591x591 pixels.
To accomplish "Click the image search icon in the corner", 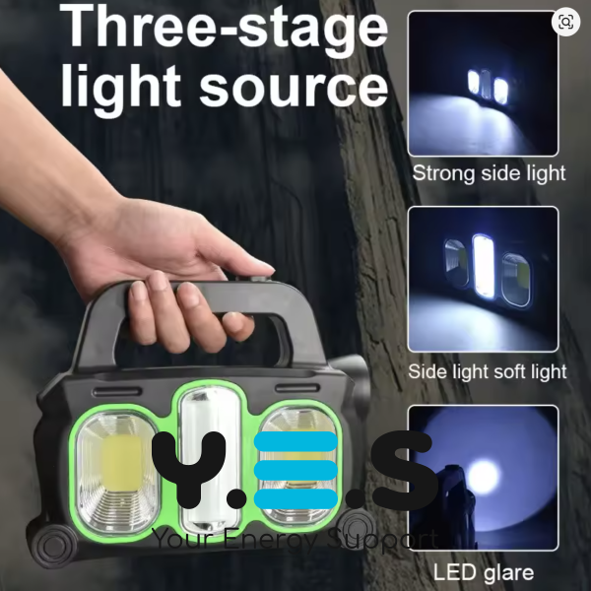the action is [565, 22].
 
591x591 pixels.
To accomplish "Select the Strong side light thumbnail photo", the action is [483, 84].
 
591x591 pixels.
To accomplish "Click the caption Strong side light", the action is [489, 173].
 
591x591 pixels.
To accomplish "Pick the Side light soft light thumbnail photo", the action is [483, 280].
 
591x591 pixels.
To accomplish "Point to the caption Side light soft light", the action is [487, 371].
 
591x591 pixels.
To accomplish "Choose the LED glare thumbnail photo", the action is [483, 478].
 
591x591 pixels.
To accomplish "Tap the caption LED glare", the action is [484, 572].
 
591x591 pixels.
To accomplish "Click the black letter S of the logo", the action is [402, 469].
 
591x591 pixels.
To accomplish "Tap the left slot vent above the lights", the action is [117, 391].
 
